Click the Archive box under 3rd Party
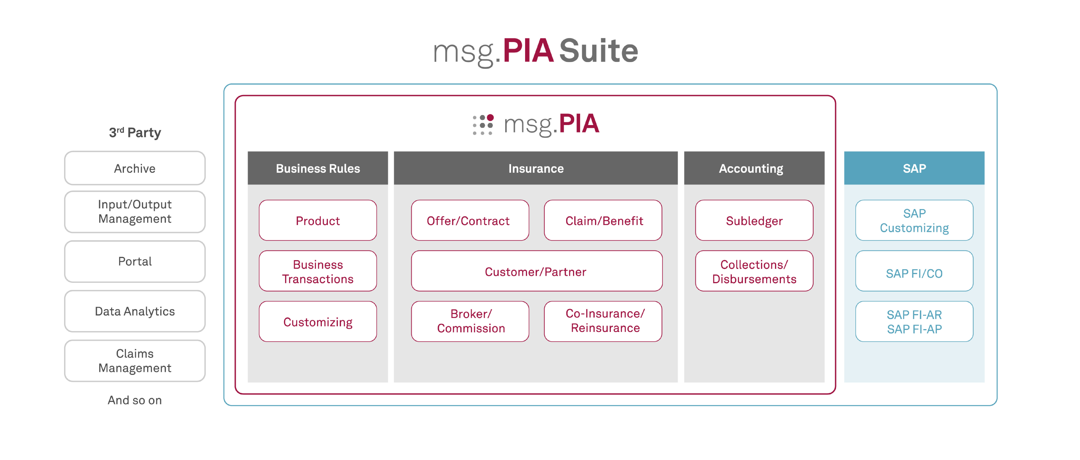tap(135, 168)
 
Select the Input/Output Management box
tap(135, 212)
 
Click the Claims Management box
tap(135, 361)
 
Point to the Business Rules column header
tap(318, 168)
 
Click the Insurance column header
tap(536, 168)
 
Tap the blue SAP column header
tap(914, 168)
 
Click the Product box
tap(318, 220)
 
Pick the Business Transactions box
tap(318, 271)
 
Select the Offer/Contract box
tap(470, 220)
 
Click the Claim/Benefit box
tap(603, 220)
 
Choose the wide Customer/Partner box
tap(537, 271)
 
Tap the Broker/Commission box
tap(470, 321)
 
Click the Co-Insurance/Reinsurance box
tap(603, 321)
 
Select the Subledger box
tap(754, 220)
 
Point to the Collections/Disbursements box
tap(754, 271)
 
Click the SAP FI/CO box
tap(914, 271)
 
